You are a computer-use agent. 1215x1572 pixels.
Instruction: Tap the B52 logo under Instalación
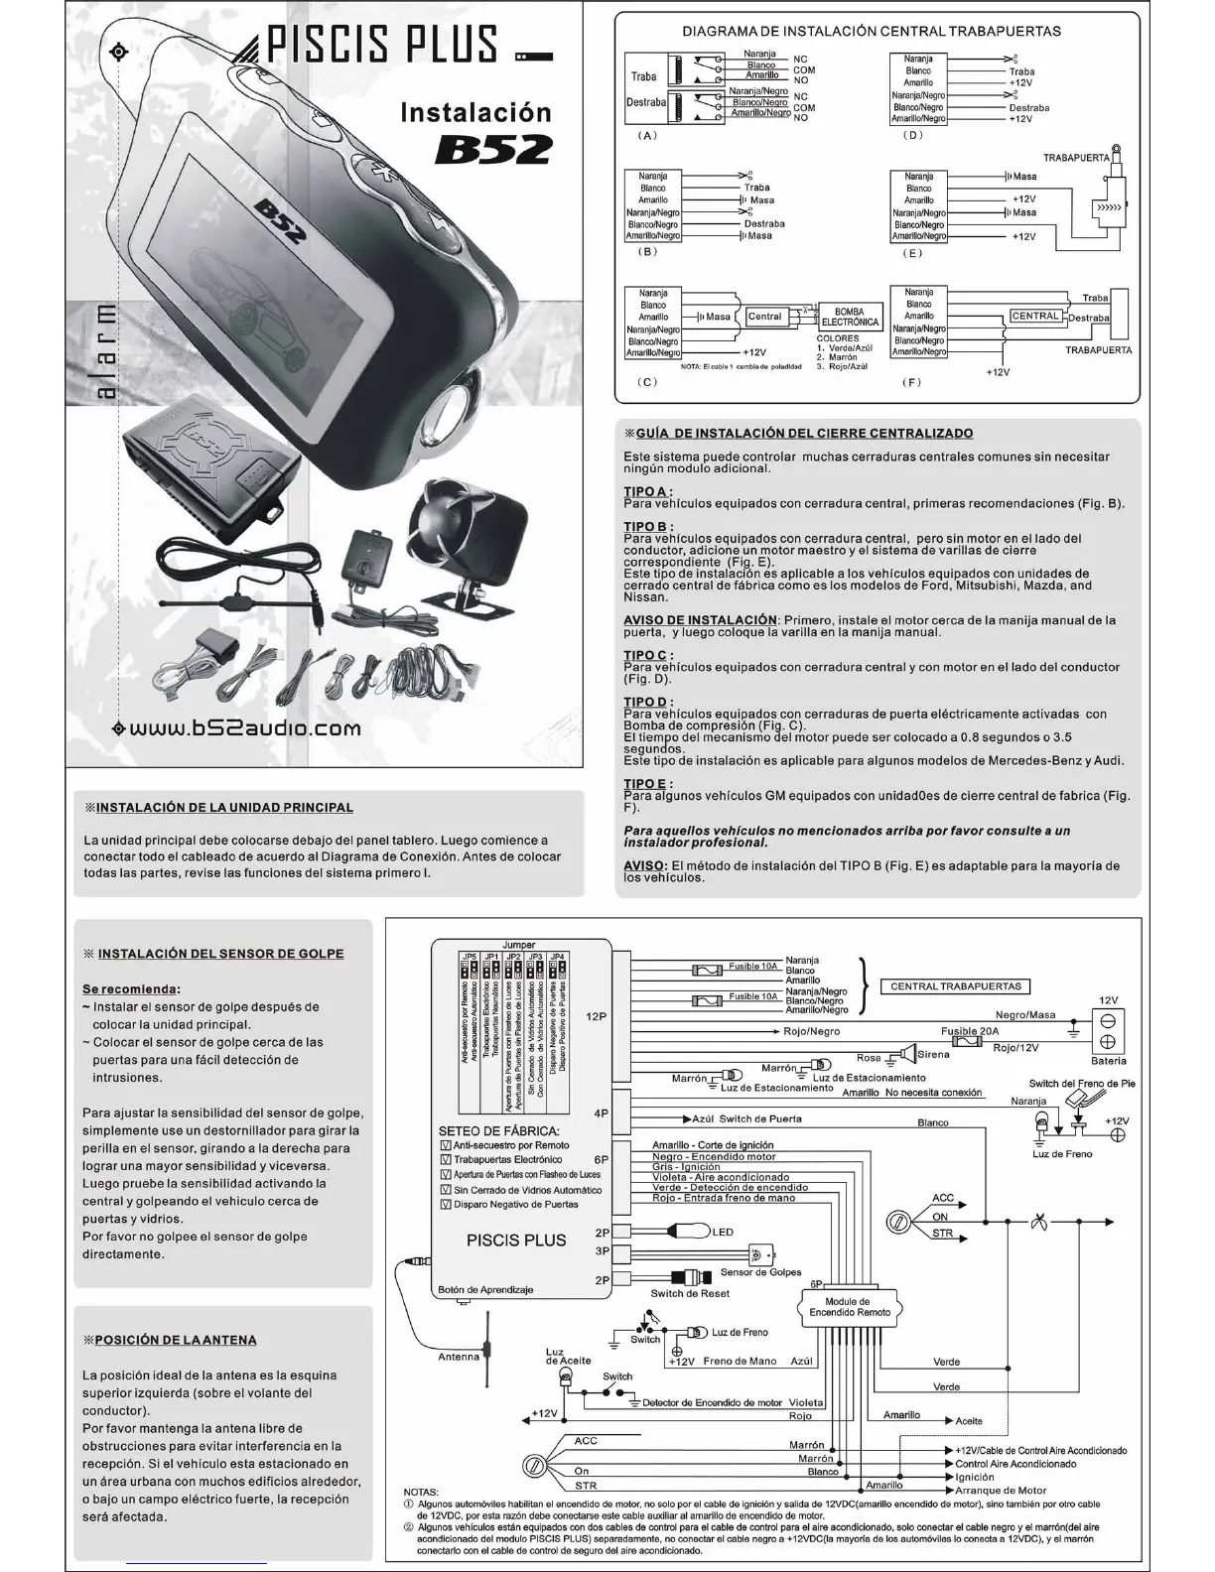point(493,149)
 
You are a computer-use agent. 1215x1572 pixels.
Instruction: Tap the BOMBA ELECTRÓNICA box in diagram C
point(850,318)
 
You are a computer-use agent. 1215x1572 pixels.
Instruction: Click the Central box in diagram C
point(764,317)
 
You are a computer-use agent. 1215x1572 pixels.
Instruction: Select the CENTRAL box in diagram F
point(1035,316)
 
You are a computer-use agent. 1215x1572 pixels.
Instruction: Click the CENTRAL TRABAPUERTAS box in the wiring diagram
point(955,986)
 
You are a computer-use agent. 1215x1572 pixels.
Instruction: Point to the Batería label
point(1108,1061)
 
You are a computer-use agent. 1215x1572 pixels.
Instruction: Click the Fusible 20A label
point(970,1031)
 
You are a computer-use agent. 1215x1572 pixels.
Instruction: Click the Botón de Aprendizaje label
point(485,1289)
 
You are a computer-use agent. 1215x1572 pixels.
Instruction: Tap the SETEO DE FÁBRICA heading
point(498,1131)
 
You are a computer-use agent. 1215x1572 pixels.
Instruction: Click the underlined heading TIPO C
point(646,655)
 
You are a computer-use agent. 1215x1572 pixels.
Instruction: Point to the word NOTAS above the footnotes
point(421,1492)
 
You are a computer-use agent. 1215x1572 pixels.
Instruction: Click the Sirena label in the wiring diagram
point(933,1054)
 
